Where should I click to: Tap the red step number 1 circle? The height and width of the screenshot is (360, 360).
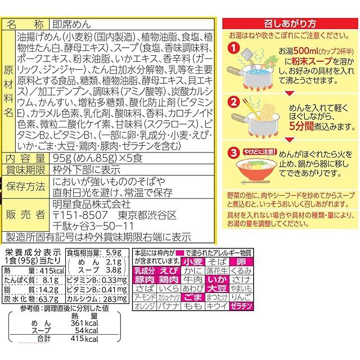point(232,51)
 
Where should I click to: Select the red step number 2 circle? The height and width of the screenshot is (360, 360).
point(232,103)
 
